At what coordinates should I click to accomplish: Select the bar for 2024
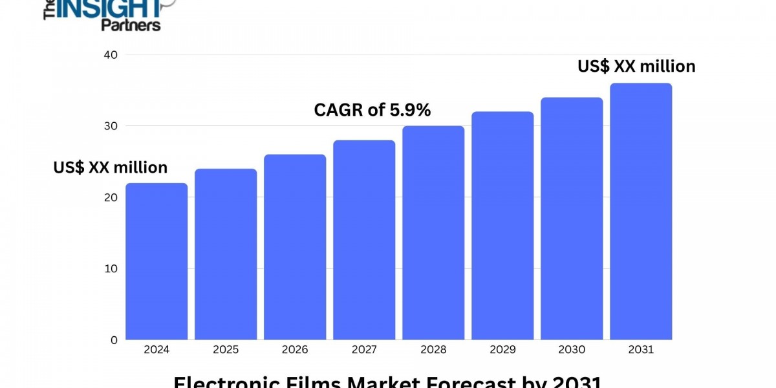tap(156, 261)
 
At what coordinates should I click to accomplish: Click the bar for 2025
tap(226, 254)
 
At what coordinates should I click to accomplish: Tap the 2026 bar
tap(295, 247)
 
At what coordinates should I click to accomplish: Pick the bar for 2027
tap(364, 240)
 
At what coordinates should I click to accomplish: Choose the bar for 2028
tap(433, 233)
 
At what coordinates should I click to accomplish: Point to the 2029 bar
tap(502, 226)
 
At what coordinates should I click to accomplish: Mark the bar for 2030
tap(572, 219)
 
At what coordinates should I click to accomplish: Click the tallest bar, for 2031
tap(641, 211)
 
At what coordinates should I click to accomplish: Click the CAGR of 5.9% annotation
tap(372, 110)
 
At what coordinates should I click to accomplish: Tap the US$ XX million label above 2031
tap(636, 66)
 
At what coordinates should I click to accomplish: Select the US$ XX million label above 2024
tap(111, 167)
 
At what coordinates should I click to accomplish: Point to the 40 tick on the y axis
tap(111, 55)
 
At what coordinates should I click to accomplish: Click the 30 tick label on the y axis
tap(111, 126)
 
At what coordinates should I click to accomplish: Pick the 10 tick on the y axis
tap(111, 268)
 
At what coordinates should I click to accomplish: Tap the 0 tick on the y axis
tap(114, 339)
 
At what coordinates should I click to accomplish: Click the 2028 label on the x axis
tap(433, 350)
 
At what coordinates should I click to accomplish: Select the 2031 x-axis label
tap(641, 350)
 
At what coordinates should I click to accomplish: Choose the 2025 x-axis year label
tap(226, 350)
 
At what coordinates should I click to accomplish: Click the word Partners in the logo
tap(131, 25)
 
